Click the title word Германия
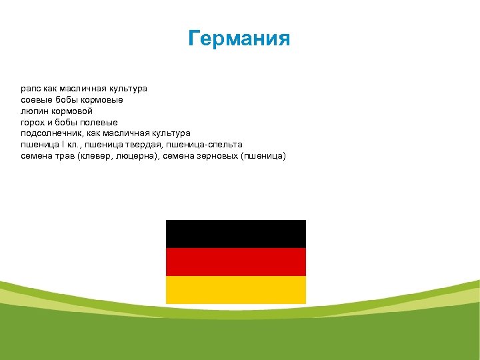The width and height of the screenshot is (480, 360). coord(239,39)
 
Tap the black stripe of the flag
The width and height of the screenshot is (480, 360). coord(235,234)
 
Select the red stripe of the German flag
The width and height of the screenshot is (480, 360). coord(235,262)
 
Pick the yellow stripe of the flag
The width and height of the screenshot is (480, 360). coord(235,290)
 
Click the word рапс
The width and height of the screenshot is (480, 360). coord(31,88)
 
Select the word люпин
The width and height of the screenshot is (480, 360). coord(34,111)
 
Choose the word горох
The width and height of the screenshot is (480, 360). coord(33,122)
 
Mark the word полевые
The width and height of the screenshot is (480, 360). coord(99,122)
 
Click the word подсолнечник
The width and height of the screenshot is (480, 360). coord(50,133)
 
